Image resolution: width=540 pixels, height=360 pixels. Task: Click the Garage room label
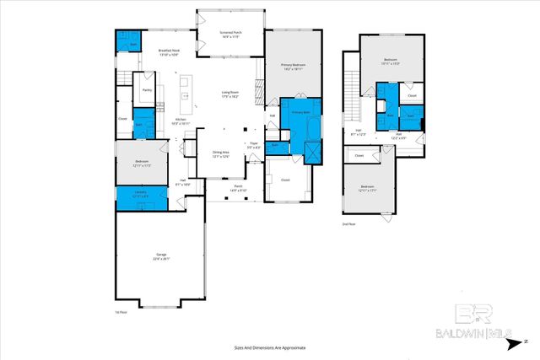(160, 255)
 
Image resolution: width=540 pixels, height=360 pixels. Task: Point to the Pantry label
(147, 89)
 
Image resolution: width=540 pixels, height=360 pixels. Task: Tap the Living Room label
(229, 94)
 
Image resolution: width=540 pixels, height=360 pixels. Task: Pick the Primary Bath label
(301, 112)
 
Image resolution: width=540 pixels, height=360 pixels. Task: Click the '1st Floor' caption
(121, 312)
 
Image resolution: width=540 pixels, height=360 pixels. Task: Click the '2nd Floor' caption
(348, 224)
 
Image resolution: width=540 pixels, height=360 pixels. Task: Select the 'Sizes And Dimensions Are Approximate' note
(270, 347)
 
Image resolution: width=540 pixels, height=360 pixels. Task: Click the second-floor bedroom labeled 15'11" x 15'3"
(391, 62)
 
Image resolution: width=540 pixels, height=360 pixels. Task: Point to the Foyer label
(252, 144)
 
